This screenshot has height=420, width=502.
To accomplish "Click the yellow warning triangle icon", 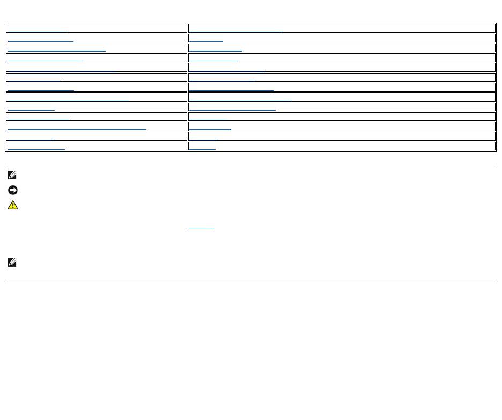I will (x=13, y=205).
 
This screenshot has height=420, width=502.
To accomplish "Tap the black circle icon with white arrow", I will (x=13, y=190).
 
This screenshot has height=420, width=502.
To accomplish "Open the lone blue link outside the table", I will (x=201, y=227).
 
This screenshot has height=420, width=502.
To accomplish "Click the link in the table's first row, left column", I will (x=37, y=30).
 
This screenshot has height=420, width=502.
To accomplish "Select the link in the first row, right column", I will (x=235, y=30).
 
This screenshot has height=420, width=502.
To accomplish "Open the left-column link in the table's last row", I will (x=36, y=147).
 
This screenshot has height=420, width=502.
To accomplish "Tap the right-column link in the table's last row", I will (x=202, y=147).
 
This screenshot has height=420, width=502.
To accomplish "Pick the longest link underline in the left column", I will (x=77, y=128).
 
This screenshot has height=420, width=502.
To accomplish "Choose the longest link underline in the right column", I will (x=240, y=98).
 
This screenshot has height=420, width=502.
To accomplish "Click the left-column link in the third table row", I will (x=56, y=49).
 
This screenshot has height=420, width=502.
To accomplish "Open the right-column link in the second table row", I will (x=206, y=40).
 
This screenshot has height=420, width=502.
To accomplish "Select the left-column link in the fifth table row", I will (x=61, y=69).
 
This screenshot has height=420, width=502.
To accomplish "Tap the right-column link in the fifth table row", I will (x=227, y=69).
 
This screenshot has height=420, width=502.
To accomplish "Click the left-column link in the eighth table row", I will (x=68, y=98).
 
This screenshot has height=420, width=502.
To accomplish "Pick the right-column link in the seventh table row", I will (x=231, y=89).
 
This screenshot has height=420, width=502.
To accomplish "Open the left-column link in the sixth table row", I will (x=34, y=79).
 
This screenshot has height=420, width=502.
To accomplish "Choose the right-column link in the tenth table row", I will (x=208, y=118).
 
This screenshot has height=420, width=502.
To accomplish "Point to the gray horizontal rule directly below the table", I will (x=251, y=164).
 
